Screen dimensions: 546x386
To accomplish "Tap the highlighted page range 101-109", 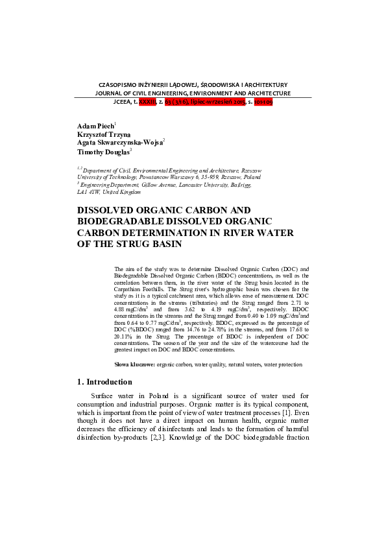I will (x=254, y=102).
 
